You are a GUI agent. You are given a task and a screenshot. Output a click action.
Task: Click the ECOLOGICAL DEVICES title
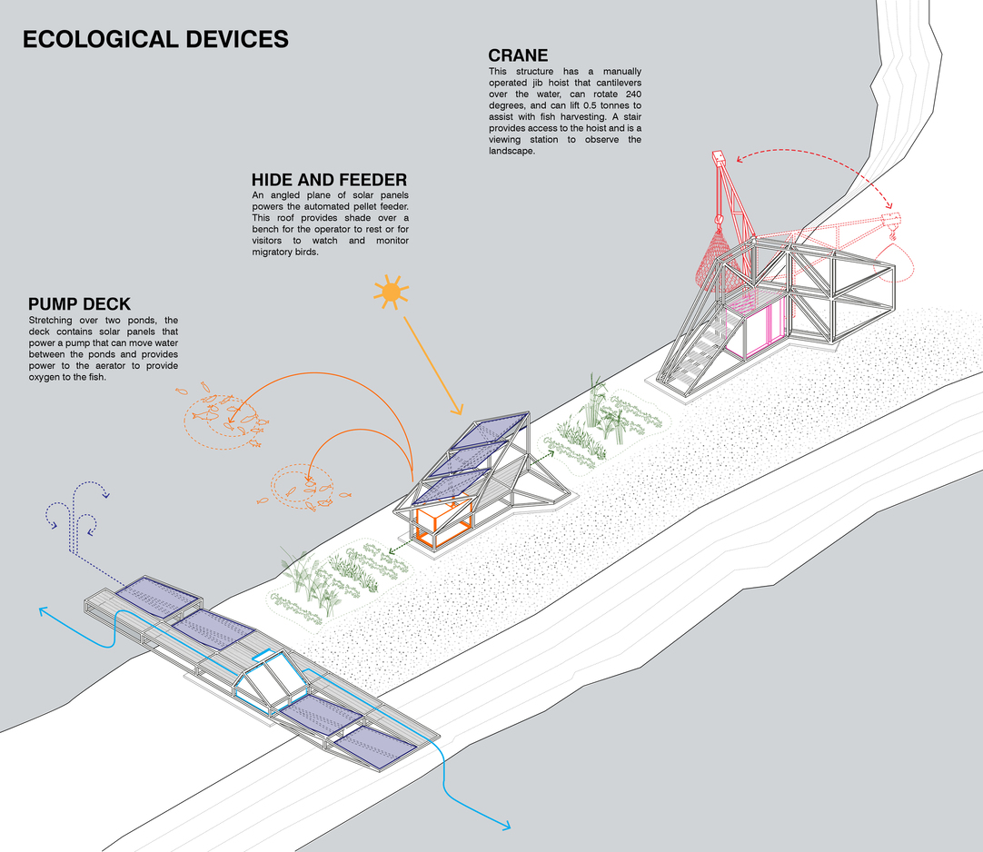pos(155,40)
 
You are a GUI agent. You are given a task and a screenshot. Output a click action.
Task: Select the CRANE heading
pos(519,56)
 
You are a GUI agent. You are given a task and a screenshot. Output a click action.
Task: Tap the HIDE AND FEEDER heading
pos(329,179)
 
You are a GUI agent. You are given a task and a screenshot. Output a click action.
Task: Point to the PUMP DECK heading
pos(79,303)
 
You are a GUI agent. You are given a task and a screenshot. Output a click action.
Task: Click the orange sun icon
pos(391,292)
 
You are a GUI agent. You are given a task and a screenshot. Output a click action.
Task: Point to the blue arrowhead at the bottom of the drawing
pos(504,825)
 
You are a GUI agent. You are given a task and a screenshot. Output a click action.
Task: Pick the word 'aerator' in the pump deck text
pos(126,366)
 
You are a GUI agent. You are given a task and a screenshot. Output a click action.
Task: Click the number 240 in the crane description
pos(631,95)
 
